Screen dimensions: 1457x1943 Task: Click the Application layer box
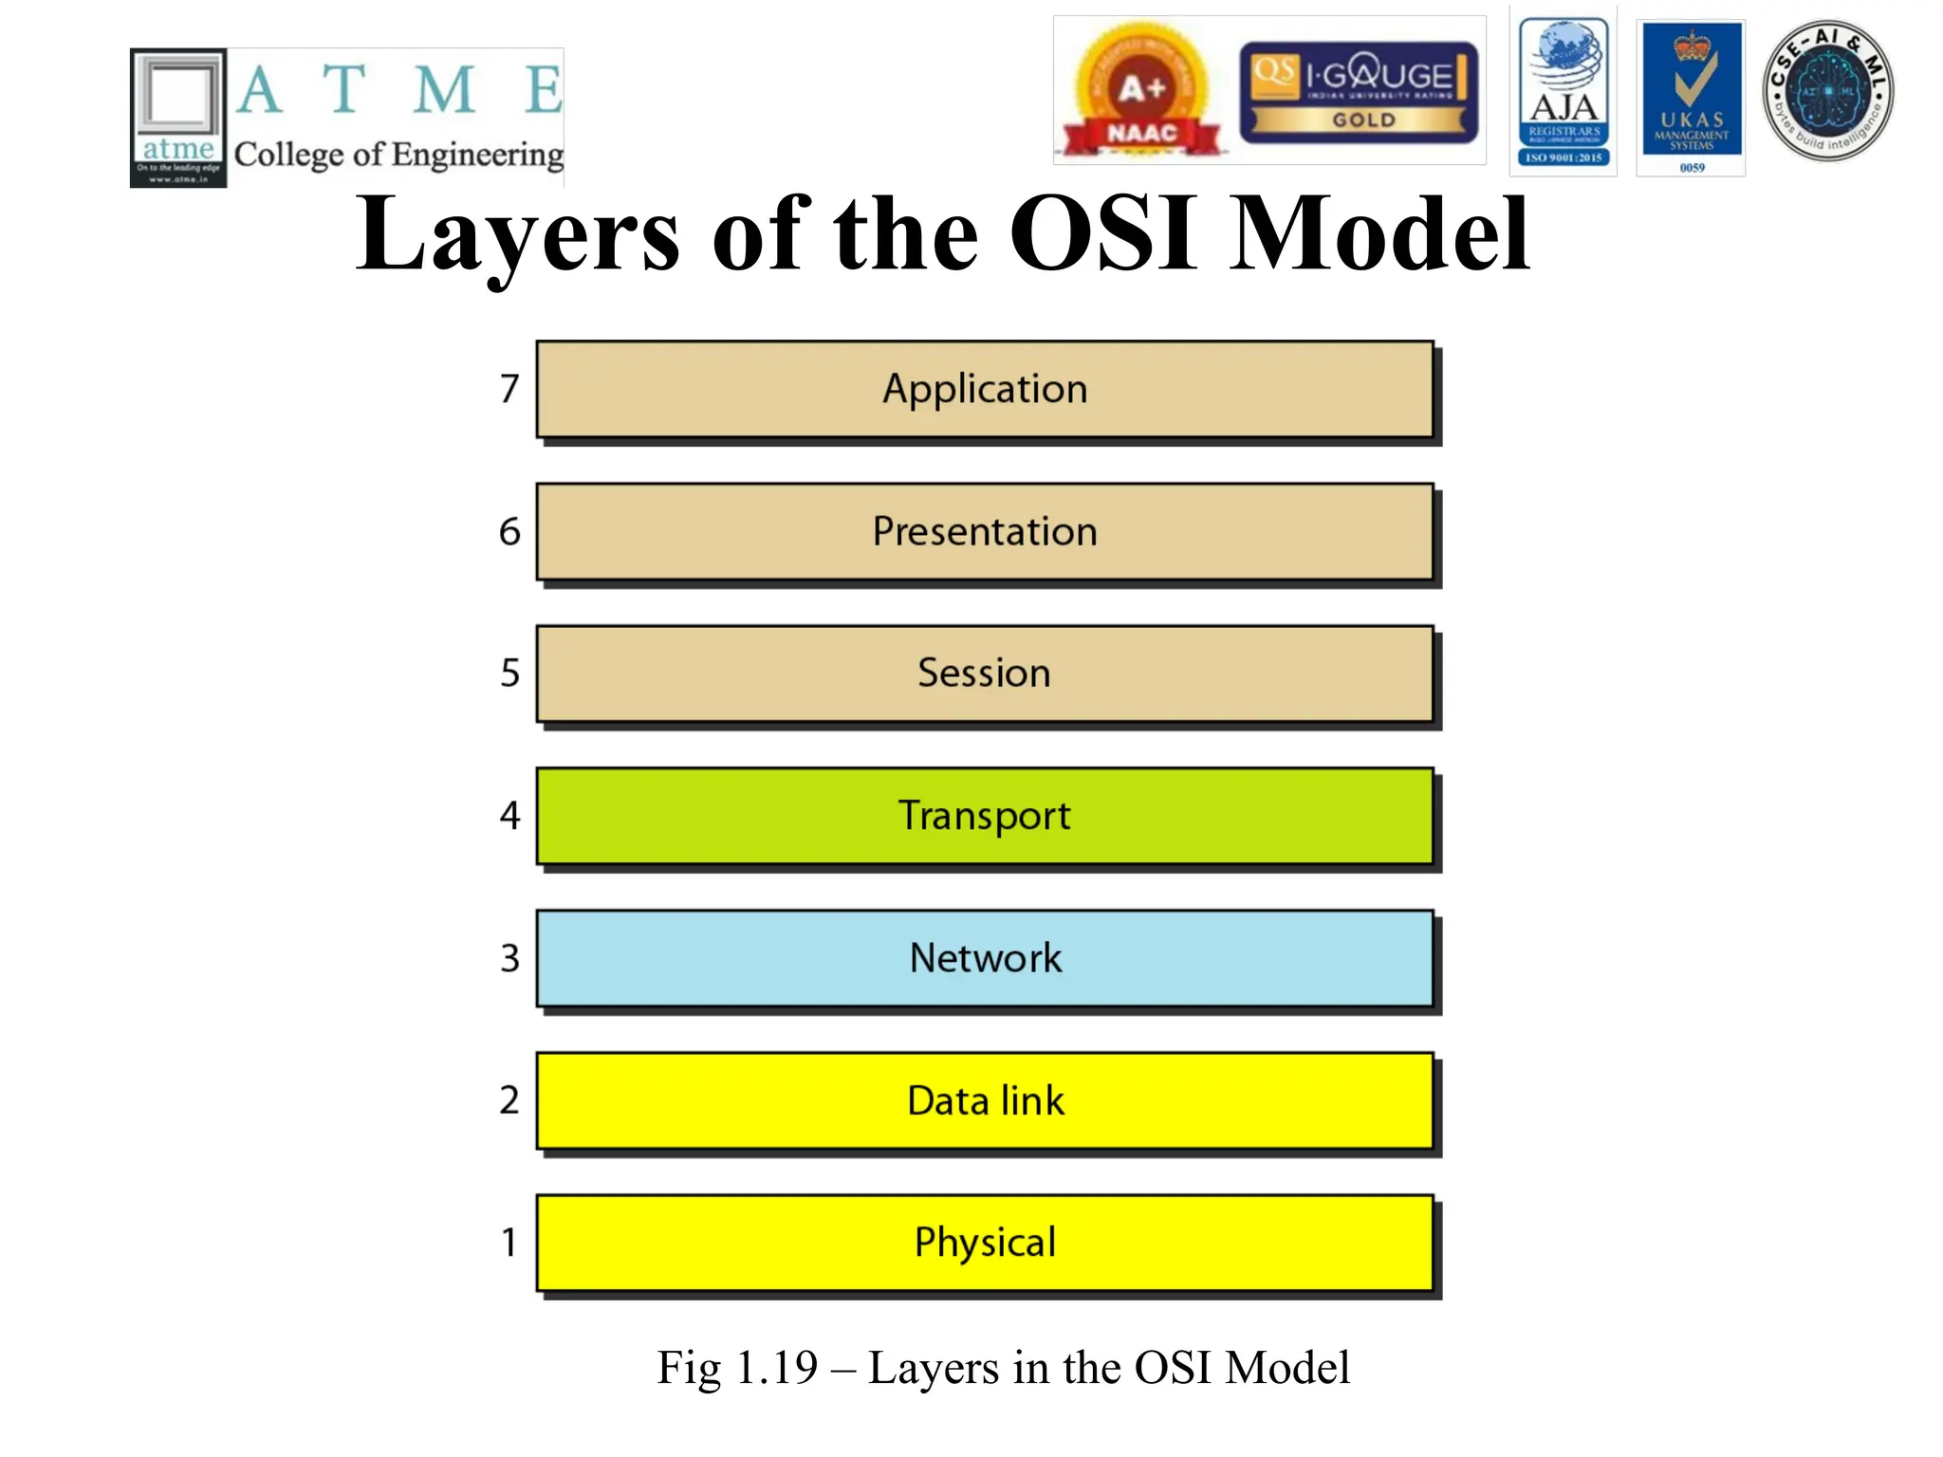click(x=984, y=389)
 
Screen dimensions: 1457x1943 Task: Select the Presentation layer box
click(x=984, y=531)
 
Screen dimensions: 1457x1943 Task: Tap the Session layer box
click(x=984, y=673)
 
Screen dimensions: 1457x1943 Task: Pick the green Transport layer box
click(x=984, y=816)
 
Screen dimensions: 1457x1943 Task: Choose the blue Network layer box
click(x=984, y=958)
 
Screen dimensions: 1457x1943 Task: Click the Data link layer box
click(x=984, y=1100)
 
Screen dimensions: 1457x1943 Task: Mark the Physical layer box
click(x=984, y=1243)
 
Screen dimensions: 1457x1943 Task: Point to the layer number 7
click(x=509, y=389)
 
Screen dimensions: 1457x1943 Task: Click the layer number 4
click(x=509, y=816)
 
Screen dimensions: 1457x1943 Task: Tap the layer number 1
click(x=509, y=1243)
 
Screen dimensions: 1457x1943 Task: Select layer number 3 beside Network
click(x=509, y=958)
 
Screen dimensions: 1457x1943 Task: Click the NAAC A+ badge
click(x=1141, y=93)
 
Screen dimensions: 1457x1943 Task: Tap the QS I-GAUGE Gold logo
click(x=1359, y=92)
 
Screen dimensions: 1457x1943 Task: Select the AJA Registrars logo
click(x=1564, y=92)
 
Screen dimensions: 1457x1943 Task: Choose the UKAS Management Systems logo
click(x=1692, y=98)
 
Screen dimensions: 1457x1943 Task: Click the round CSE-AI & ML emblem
click(x=1827, y=91)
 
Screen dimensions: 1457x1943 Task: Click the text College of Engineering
click(x=398, y=155)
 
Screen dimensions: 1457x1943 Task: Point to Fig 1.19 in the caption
click(x=737, y=1368)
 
